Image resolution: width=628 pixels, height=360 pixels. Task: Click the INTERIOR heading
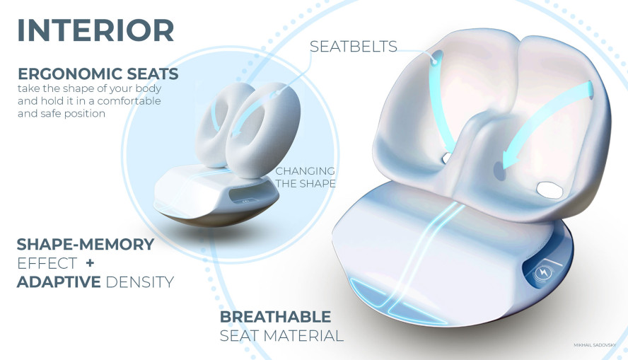[95, 30]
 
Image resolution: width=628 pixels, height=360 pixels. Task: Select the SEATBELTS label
[354, 47]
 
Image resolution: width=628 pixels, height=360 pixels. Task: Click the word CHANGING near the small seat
[306, 171]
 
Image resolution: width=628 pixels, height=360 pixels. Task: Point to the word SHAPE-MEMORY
[86, 244]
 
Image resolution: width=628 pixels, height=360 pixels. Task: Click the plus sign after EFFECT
[90, 263]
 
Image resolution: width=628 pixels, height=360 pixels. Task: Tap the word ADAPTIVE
[59, 282]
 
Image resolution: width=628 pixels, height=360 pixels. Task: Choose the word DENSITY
[140, 282]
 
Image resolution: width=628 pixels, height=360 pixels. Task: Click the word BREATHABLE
[276, 317]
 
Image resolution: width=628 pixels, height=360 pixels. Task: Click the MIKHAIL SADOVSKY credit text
[595, 345]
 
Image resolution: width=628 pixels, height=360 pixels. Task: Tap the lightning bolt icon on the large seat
[544, 273]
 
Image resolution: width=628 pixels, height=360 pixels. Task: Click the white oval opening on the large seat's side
[550, 190]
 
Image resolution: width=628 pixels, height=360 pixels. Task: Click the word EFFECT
[47, 264]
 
